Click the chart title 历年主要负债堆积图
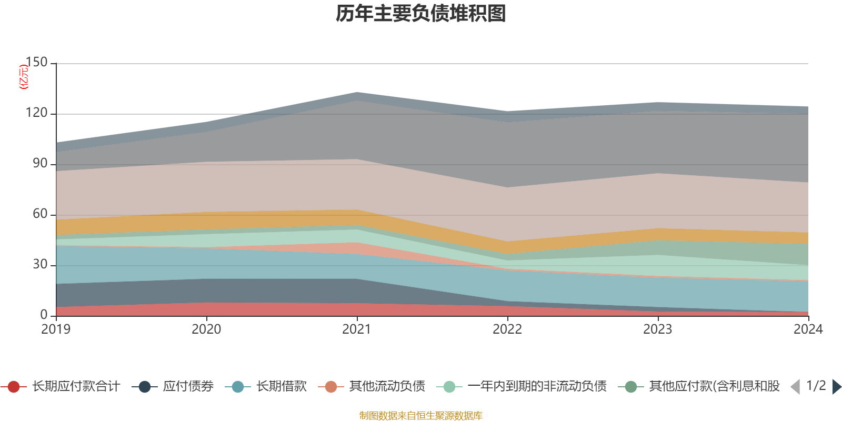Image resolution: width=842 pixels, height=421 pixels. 421,14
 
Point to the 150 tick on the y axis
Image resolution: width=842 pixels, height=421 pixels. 36,62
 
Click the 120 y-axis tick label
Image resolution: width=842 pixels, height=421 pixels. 36,113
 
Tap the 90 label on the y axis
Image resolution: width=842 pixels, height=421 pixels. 40,163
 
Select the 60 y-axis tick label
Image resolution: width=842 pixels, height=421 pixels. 40,214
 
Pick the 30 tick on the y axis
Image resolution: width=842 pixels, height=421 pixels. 40,264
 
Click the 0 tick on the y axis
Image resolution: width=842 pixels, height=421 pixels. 44,315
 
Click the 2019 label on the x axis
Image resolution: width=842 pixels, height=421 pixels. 56,329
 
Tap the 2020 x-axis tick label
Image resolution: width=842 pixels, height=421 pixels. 206,329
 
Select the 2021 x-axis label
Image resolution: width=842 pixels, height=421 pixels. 357,329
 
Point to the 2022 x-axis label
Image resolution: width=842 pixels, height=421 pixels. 507,329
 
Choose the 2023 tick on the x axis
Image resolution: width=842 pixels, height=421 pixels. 658,329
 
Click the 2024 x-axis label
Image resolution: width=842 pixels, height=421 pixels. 808,329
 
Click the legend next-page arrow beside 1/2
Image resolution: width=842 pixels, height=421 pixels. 836,387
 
